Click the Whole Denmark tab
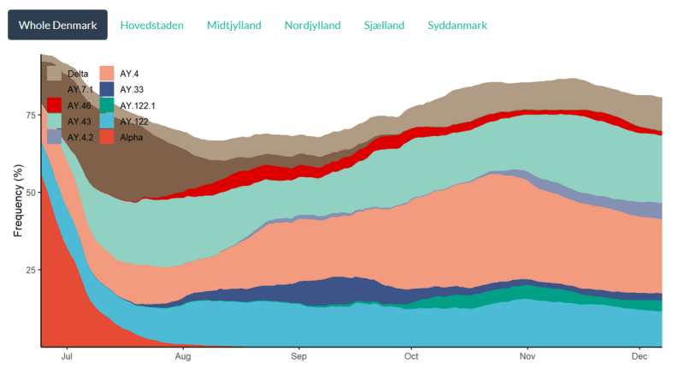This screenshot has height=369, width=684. (x=58, y=25)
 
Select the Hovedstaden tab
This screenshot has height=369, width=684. (x=152, y=25)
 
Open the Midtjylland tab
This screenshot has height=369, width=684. (x=234, y=25)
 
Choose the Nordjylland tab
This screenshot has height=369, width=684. (x=312, y=25)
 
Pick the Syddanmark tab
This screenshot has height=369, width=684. (x=457, y=25)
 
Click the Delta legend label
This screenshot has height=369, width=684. (x=78, y=74)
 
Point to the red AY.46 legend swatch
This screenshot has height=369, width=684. (x=54, y=104)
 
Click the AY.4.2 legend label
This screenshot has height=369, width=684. (x=81, y=136)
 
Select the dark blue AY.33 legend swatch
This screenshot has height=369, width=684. (x=107, y=89)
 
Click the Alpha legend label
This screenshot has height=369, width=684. (x=131, y=136)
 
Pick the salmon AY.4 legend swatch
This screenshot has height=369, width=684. (x=107, y=74)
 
